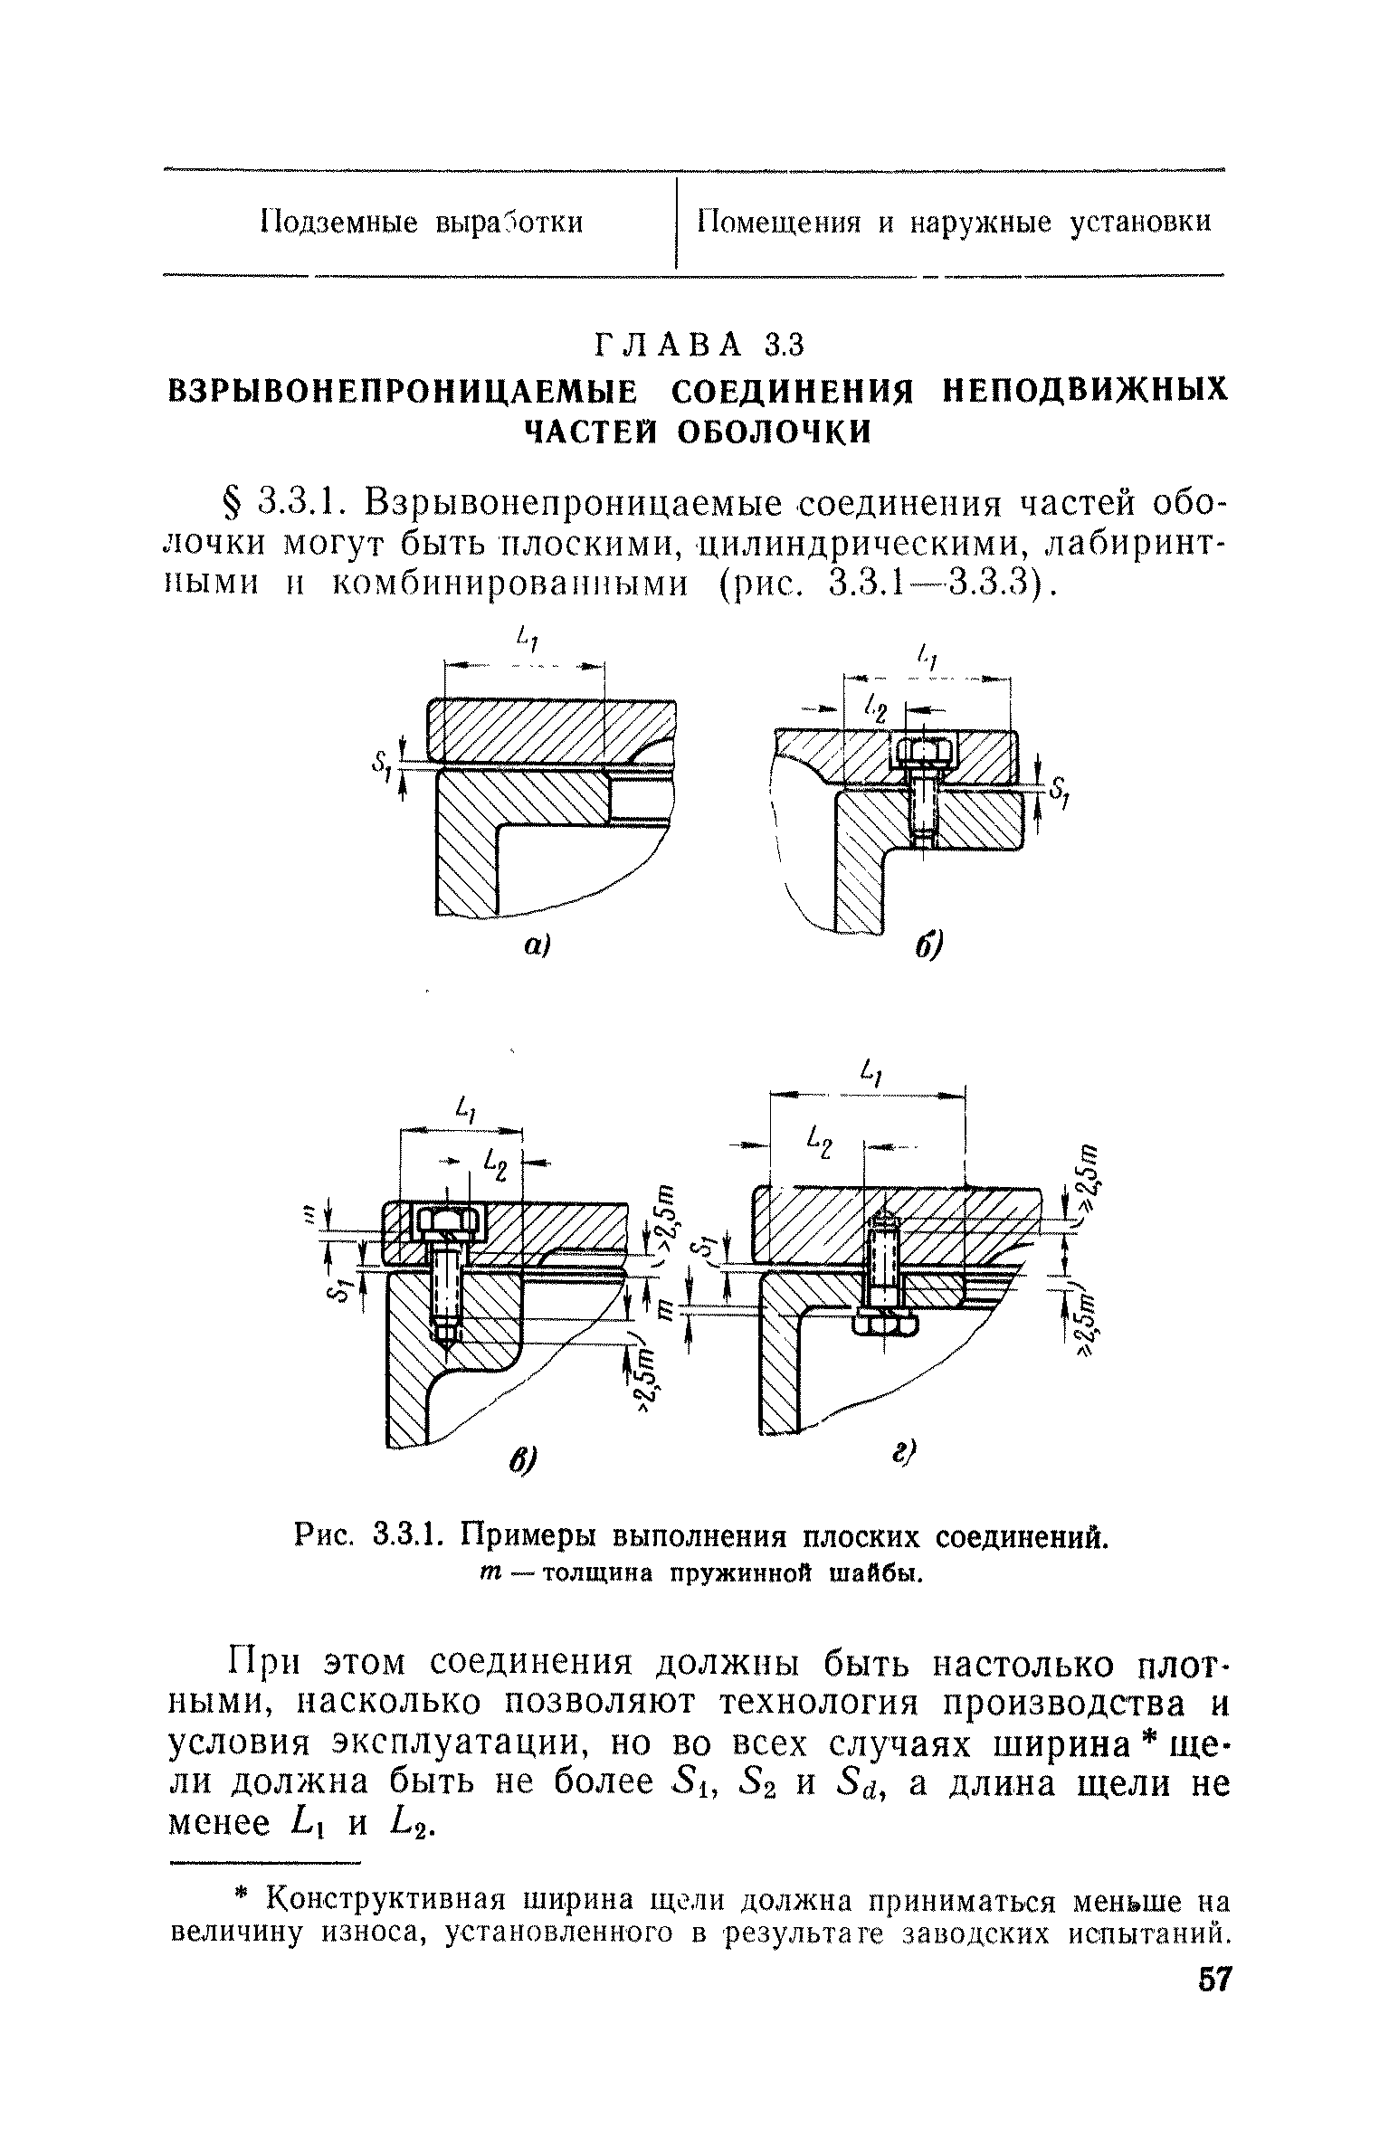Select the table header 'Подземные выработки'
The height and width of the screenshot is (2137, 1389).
click(x=421, y=223)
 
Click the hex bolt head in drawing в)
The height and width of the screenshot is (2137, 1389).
click(x=449, y=1224)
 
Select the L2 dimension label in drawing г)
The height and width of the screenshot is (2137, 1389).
click(x=822, y=1144)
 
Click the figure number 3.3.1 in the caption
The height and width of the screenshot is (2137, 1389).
click(x=406, y=1534)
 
